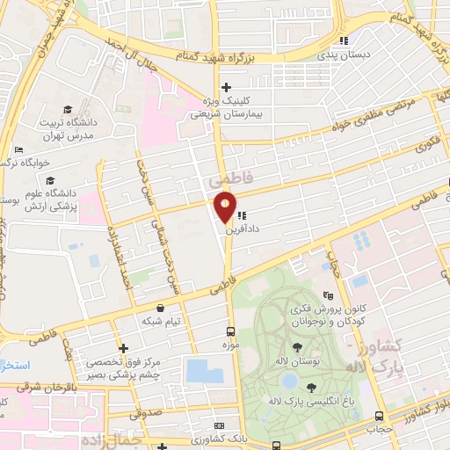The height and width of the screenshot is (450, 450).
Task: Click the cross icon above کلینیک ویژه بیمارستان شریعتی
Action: (x=227, y=87)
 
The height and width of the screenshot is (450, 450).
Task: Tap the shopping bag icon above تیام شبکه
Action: (x=162, y=308)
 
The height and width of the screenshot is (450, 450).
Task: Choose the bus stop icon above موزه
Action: (x=230, y=331)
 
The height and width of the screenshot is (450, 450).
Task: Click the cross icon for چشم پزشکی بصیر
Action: (x=124, y=349)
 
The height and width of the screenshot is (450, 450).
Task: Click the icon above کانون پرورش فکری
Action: (x=329, y=296)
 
